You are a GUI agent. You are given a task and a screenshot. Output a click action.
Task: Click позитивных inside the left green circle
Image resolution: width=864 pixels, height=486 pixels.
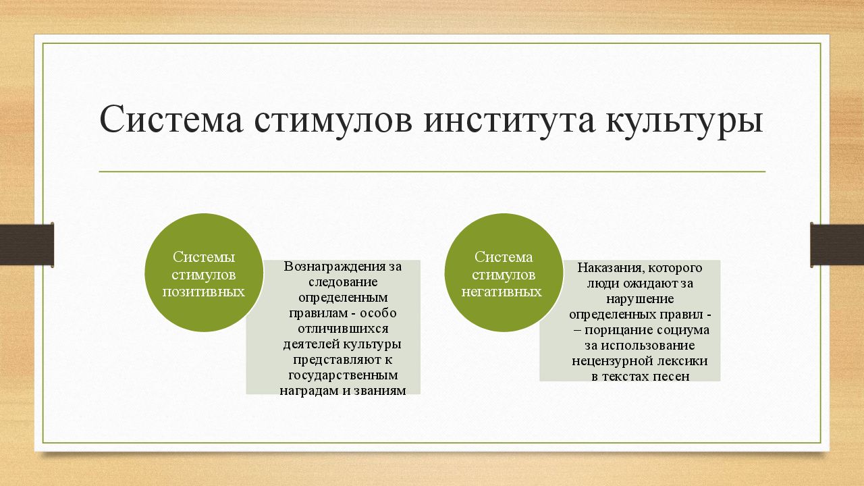pyautogui.click(x=203, y=292)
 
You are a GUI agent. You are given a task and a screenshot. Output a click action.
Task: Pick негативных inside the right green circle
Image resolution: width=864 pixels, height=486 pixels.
pyautogui.click(x=502, y=292)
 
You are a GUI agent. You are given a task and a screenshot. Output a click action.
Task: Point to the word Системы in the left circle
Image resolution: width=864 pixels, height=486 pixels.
pyautogui.click(x=203, y=256)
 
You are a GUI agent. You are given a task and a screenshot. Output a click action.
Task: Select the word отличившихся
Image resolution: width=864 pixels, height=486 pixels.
pyautogui.click(x=333, y=328)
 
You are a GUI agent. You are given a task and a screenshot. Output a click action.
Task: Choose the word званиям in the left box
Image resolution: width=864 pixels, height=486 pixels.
pyautogui.click(x=382, y=390)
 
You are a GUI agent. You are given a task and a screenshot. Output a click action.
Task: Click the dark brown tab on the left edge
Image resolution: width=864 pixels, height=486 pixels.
pyautogui.click(x=26, y=244)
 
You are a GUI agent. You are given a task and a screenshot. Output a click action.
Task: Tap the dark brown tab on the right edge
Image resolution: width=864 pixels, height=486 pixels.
pyautogui.click(x=837, y=244)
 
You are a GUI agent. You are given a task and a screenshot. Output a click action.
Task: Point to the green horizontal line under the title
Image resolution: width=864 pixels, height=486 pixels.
pyautogui.click(x=432, y=171)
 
